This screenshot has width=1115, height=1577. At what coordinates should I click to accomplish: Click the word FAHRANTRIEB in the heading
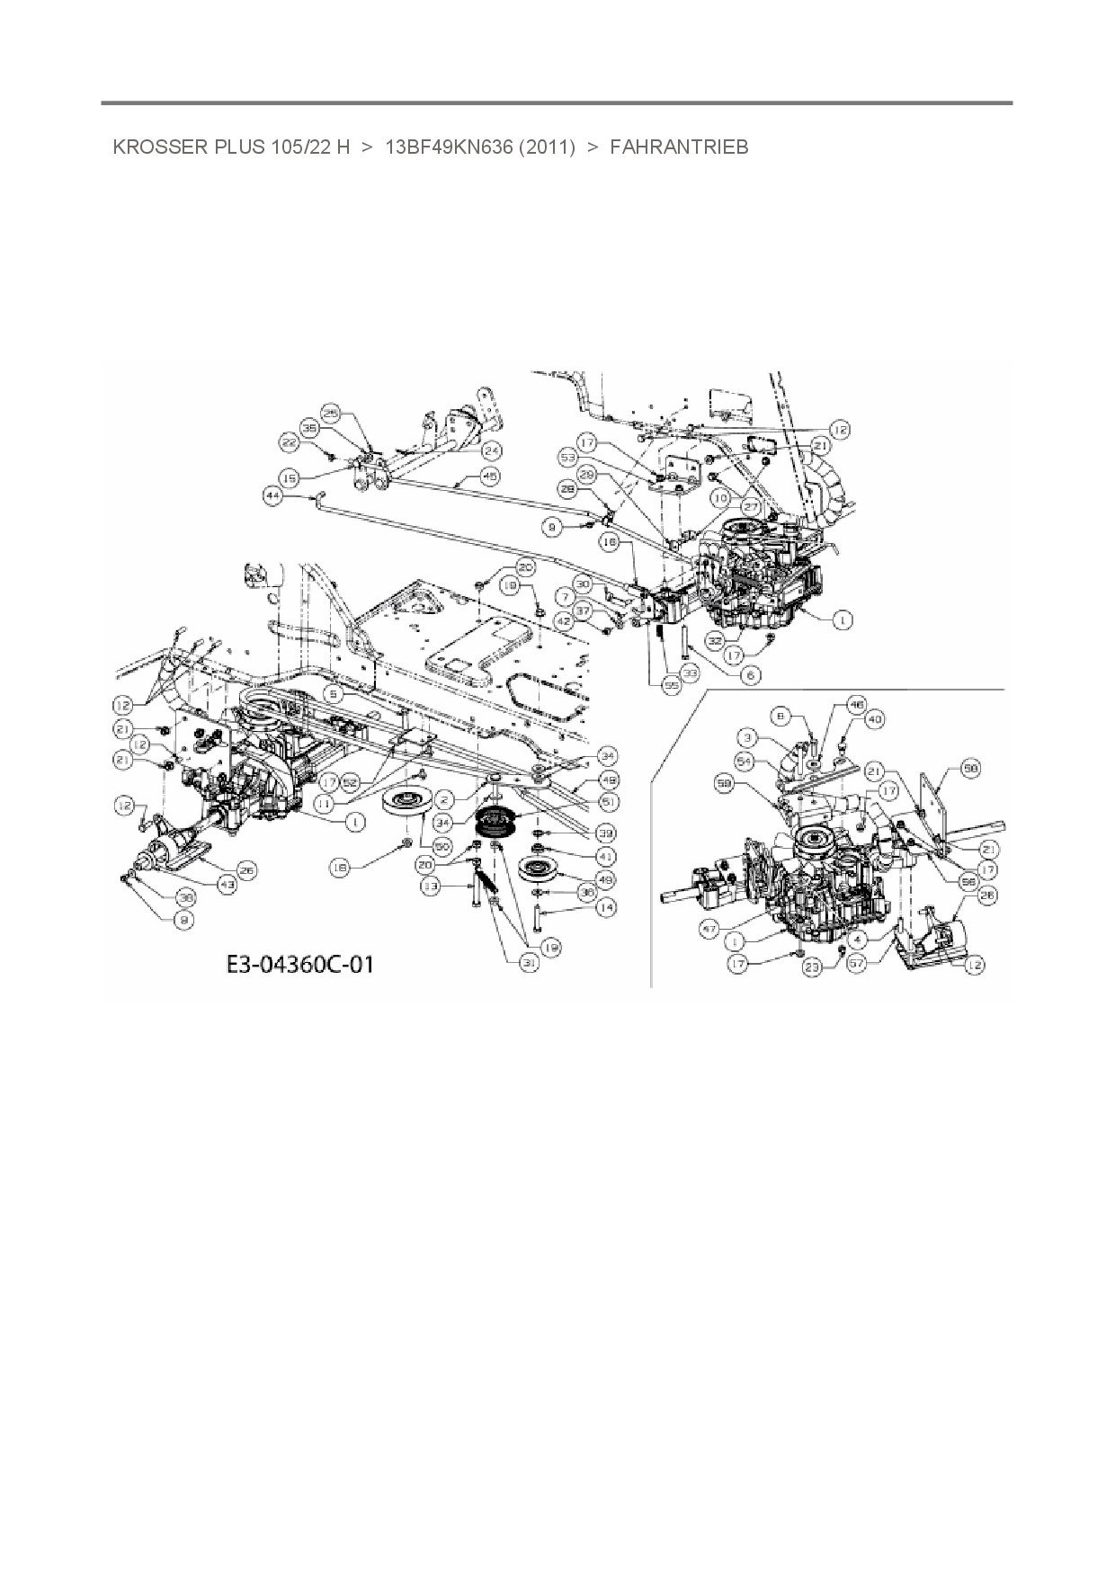coord(679,147)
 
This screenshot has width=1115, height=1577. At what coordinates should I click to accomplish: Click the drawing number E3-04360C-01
coord(299,965)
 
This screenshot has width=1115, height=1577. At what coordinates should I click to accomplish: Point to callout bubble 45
coord(491,475)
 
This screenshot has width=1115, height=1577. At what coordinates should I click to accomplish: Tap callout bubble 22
coord(289,442)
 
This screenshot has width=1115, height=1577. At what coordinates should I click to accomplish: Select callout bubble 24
coord(491,450)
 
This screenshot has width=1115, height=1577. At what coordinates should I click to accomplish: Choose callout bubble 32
coord(715,641)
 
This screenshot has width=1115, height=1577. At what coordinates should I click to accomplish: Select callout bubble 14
coord(606,908)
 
